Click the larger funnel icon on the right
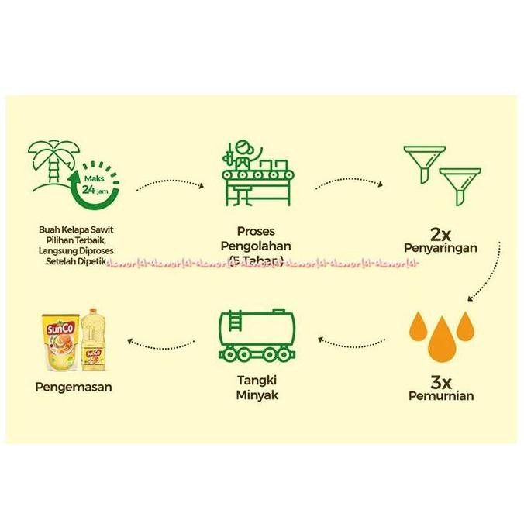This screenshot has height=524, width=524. point(460,183)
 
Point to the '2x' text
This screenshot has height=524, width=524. point(440,233)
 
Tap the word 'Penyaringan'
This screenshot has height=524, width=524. point(440,249)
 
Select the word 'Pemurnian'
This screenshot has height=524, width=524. point(441,395)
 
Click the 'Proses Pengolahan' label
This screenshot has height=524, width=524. point(256,239)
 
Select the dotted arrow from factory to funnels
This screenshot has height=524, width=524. point(349,184)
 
